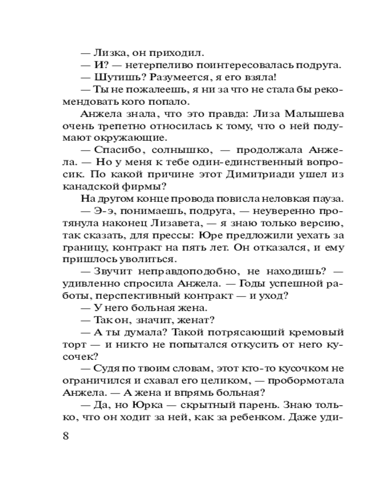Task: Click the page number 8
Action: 67,435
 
